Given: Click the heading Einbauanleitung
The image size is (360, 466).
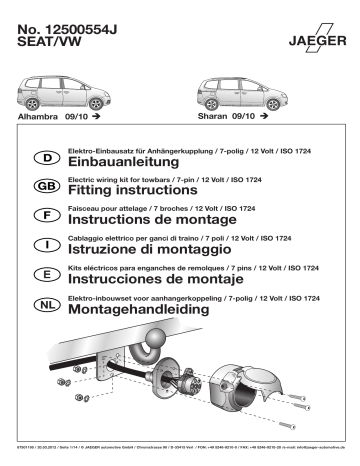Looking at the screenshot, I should (120, 163).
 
